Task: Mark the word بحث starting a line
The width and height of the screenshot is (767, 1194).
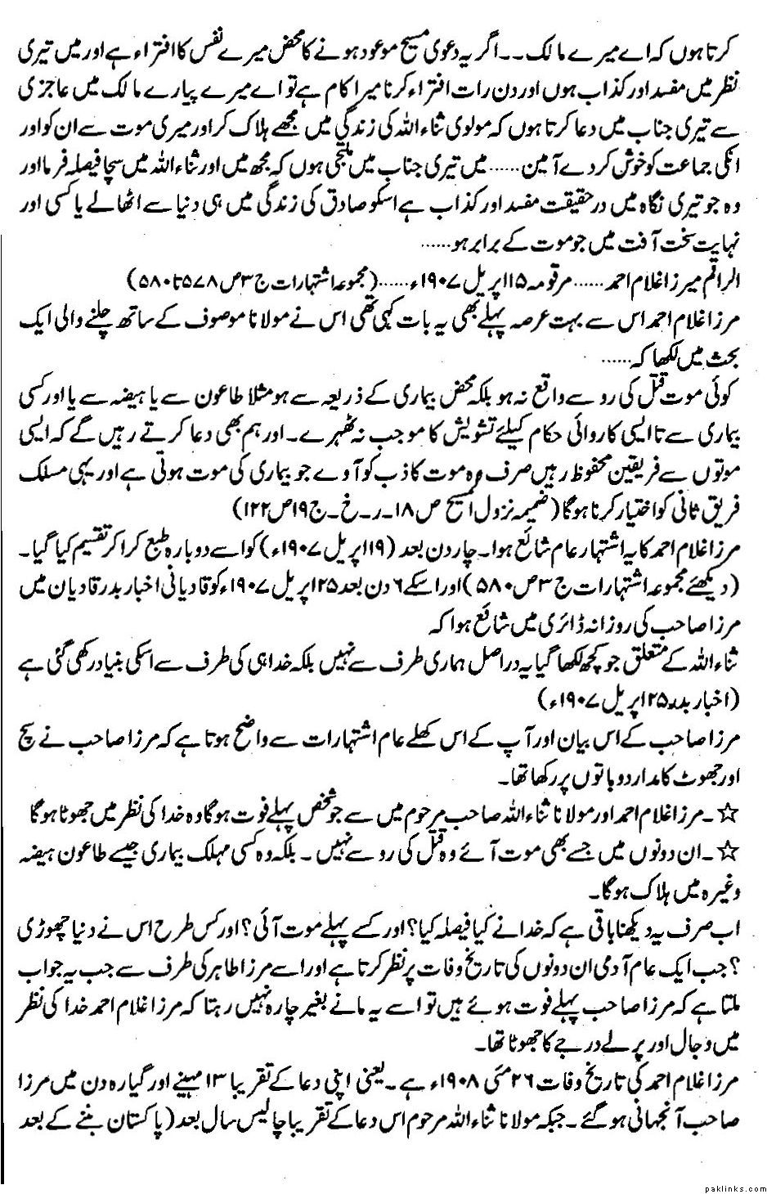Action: tap(738, 361)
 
